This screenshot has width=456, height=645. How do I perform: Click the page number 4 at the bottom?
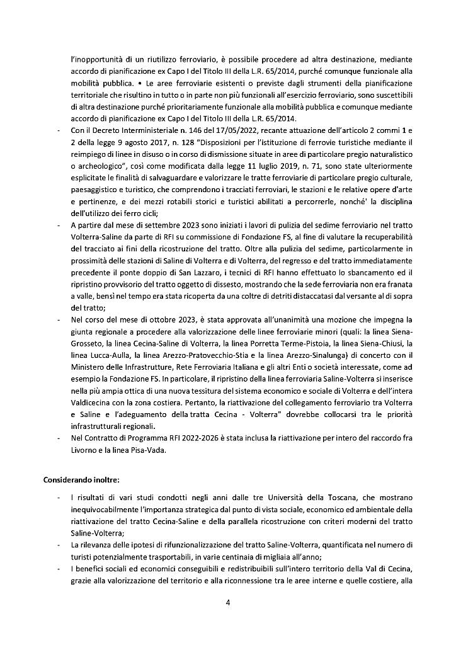228,602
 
